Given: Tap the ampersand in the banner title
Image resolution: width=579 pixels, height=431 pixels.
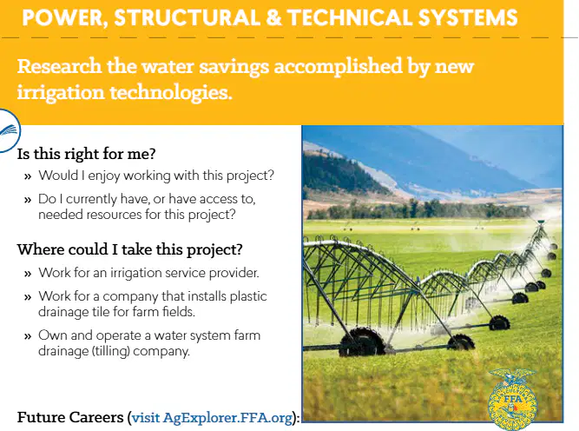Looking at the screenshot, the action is click(273, 17).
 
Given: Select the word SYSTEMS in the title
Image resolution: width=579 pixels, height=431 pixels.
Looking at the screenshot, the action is click(468, 17).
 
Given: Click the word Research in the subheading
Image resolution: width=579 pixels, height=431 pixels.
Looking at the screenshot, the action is click(59, 66).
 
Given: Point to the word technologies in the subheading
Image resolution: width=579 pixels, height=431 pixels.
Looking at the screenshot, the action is click(171, 92).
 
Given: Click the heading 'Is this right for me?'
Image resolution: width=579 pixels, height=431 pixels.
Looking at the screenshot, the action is click(87, 154).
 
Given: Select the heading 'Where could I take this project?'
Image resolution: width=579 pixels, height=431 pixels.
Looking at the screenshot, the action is click(129, 249).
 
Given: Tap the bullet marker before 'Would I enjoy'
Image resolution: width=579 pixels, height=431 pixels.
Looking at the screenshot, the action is click(28, 176).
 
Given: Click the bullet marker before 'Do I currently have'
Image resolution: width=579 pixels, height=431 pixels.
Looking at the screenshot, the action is click(28, 200).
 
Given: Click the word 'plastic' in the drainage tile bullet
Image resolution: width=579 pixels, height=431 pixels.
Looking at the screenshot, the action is click(248, 296).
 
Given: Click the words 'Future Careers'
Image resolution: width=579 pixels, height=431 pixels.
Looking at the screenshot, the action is click(70, 417).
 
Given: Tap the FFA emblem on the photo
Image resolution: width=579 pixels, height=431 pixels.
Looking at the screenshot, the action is click(512, 399).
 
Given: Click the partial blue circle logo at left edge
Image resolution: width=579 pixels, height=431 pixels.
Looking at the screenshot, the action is click(10, 130).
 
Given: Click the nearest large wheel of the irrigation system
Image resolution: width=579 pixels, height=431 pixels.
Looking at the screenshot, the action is click(362, 342).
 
